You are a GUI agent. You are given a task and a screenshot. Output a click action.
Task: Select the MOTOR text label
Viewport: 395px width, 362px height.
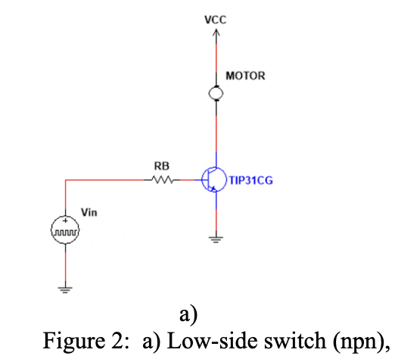(x=245, y=76)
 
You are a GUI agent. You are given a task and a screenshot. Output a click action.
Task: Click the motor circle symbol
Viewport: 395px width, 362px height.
(x=217, y=92)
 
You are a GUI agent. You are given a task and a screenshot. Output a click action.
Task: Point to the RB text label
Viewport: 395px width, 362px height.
(x=161, y=165)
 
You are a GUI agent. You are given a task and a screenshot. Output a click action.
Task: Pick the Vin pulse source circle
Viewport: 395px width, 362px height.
(x=65, y=229)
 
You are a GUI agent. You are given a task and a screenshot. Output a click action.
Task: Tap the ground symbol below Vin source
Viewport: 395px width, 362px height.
(x=65, y=288)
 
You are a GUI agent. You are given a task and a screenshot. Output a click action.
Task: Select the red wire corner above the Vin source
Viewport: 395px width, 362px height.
(x=65, y=180)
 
